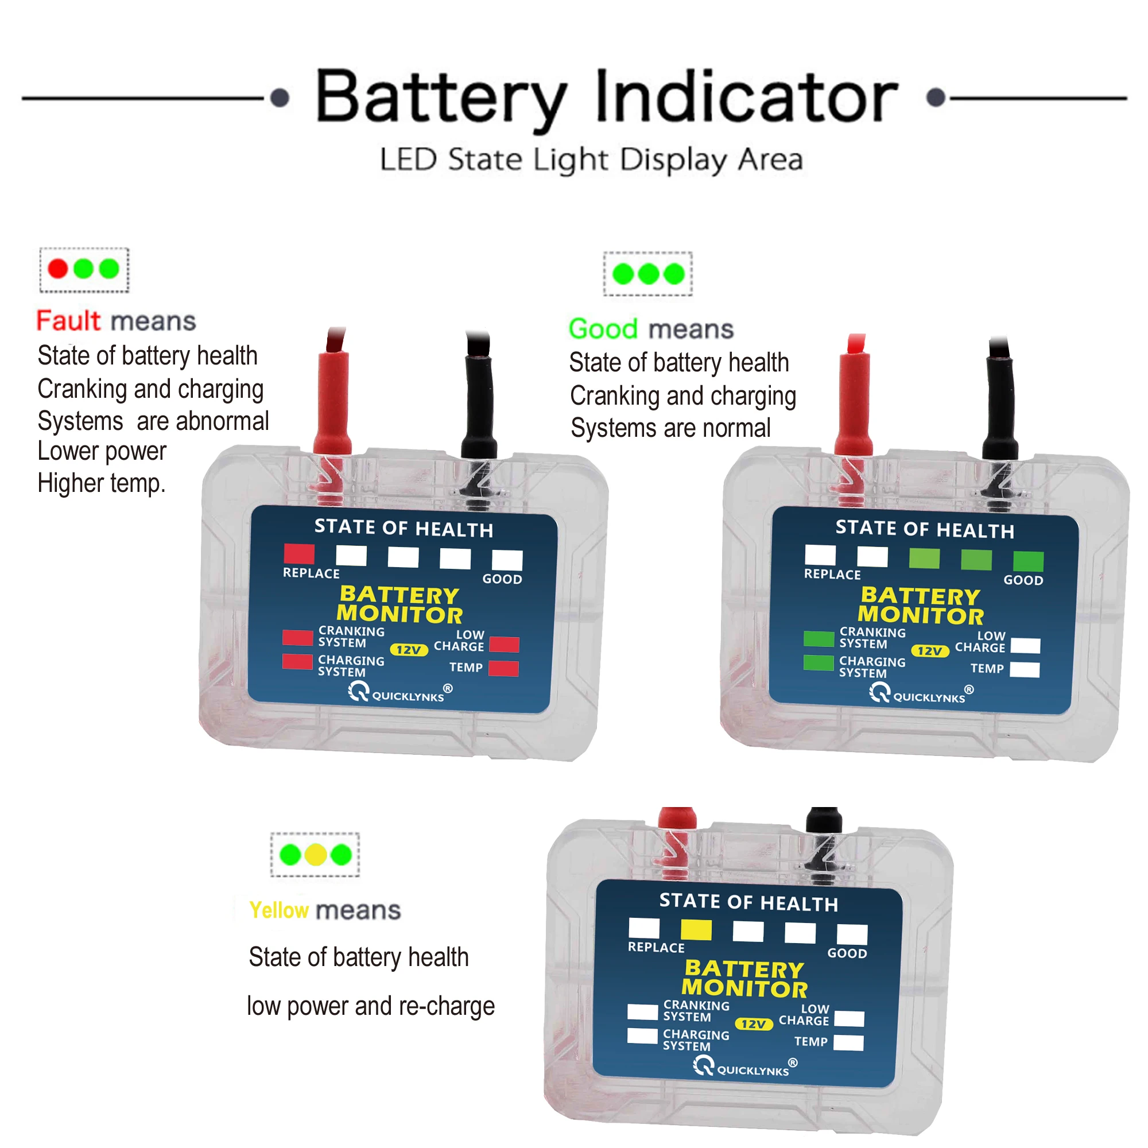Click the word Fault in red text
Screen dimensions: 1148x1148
tap(68, 321)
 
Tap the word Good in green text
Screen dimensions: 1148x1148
tap(603, 328)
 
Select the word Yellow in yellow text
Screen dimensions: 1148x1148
tap(279, 910)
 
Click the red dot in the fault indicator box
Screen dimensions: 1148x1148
tap(57, 269)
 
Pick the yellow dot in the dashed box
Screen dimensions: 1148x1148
tap(316, 855)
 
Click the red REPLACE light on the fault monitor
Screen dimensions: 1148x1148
tap(299, 554)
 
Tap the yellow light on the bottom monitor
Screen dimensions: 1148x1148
tap(696, 929)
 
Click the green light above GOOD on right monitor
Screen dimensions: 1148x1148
tap(1028, 561)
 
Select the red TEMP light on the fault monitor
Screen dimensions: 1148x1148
tap(503, 669)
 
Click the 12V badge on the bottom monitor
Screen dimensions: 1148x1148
tap(754, 1024)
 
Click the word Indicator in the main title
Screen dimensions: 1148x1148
tap(746, 97)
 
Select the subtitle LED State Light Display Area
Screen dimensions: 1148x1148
tap(591, 159)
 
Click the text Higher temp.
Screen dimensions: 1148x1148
tap(101, 483)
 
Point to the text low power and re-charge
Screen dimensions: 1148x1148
tap(371, 1006)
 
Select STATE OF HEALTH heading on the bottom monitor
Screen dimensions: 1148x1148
tap(748, 902)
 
